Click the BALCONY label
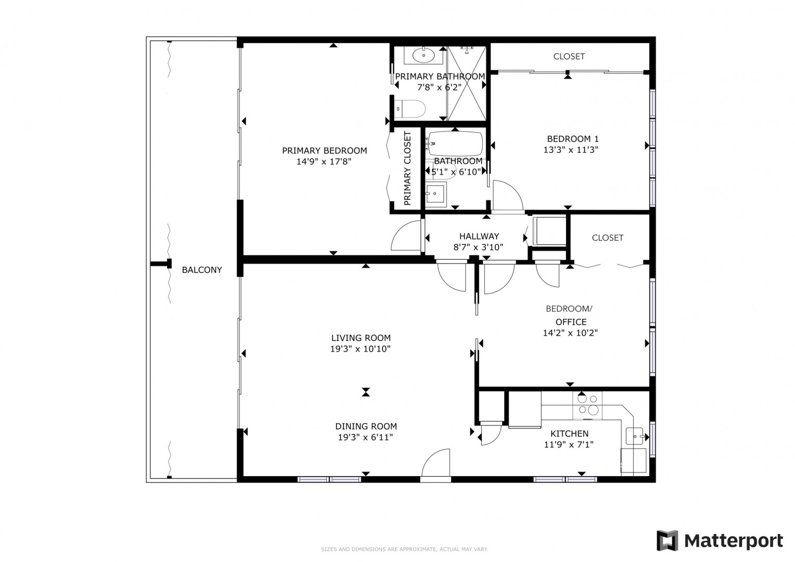coord(202,270)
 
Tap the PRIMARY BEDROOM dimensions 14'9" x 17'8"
coord(324,161)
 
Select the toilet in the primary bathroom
coord(411,109)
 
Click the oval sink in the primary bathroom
coord(424,55)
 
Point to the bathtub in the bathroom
coord(456,144)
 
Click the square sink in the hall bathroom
coord(435,194)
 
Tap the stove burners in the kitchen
coord(587,405)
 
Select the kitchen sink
coord(635,436)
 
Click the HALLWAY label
coord(479,236)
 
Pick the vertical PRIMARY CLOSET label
coord(407,168)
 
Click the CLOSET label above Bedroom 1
coord(569,56)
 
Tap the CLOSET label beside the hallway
coord(607,238)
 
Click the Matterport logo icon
coord(667,541)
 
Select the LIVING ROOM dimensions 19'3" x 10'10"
coord(360,349)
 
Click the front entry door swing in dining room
coord(436,463)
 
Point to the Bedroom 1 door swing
coord(508,195)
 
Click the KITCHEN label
coord(569,433)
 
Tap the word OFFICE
coord(571,322)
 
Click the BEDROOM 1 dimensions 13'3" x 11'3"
coord(571,150)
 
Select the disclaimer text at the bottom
coord(405,549)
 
